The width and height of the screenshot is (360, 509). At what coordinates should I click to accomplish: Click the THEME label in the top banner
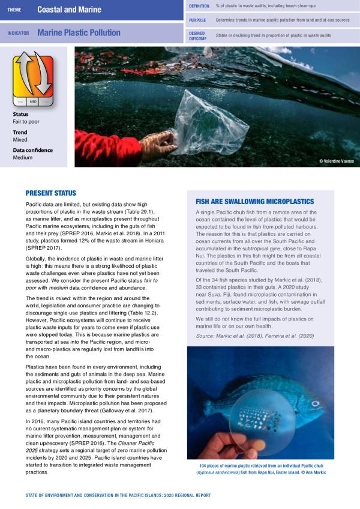14,10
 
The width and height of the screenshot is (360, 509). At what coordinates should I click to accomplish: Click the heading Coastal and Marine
69,10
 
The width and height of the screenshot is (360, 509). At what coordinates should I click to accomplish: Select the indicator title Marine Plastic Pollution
79,33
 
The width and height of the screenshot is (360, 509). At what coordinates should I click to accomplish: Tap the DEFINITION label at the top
199,5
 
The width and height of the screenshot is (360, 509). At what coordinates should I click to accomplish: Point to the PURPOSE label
197,20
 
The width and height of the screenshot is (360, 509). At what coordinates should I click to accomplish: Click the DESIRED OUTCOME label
198,35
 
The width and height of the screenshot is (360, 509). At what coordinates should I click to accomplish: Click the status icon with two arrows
34,77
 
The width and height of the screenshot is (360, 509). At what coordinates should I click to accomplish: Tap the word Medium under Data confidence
23,157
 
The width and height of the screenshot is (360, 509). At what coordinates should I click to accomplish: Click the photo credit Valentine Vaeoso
336,161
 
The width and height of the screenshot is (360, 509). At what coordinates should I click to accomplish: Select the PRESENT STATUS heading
50,193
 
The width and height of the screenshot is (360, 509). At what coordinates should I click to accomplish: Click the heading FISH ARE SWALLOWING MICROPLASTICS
254,202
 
